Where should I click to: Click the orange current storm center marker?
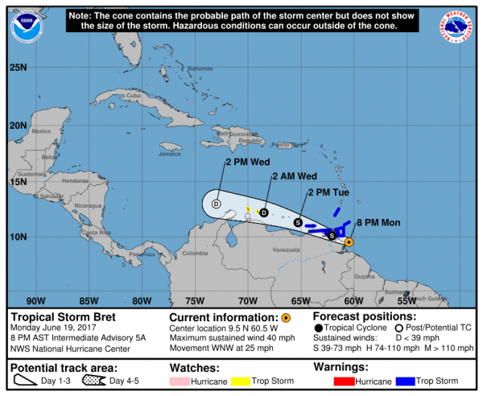[x=349, y=241]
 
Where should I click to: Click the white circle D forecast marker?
[x=216, y=204]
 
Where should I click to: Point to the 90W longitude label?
[x=35, y=300]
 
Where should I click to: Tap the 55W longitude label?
[x=407, y=300]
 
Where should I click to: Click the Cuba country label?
[x=134, y=97]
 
